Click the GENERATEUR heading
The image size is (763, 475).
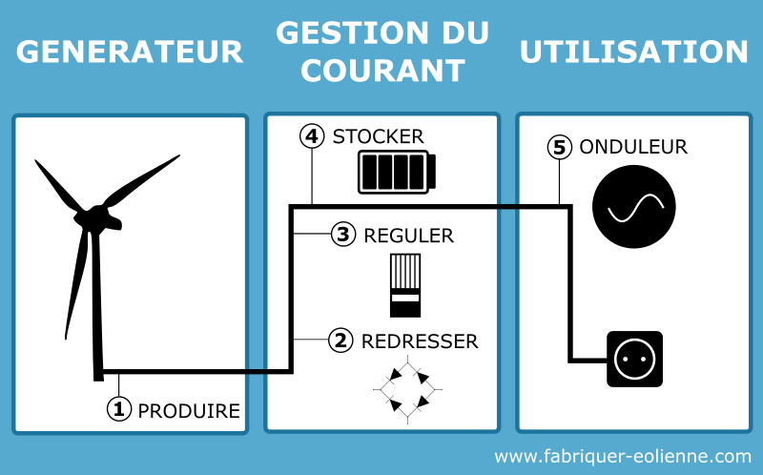[x=130, y=52]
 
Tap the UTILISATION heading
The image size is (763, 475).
[x=633, y=52]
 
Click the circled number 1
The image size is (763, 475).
[x=118, y=409]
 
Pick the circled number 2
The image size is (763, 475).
[x=341, y=341]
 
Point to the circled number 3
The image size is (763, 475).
[x=344, y=234]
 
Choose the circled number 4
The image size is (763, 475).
[x=312, y=136]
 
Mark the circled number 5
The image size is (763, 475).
[x=560, y=147]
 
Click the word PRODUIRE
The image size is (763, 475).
[x=189, y=411]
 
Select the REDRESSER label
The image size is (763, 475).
[x=419, y=341]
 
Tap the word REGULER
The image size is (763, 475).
[x=409, y=235]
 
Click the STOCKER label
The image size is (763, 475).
[x=378, y=136]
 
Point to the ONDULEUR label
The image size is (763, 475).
[x=633, y=147]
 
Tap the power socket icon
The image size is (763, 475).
[x=634, y=360]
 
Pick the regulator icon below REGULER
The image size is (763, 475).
[x=404, y=284]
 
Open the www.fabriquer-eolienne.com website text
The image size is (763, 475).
[x=622, y=456]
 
